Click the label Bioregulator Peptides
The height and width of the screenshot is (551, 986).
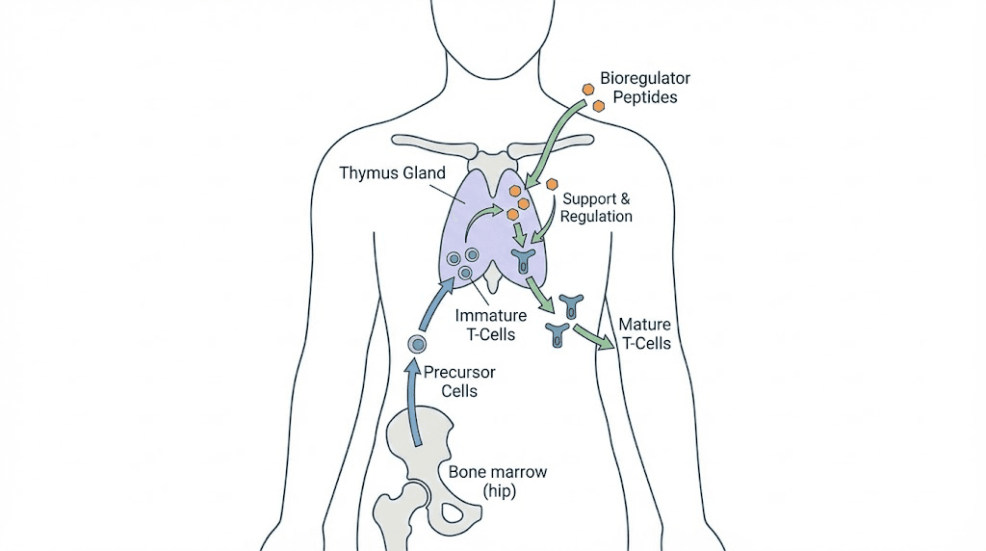[644, 88]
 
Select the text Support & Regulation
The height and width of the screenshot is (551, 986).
[597, 207]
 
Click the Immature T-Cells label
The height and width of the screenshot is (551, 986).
[491, 325]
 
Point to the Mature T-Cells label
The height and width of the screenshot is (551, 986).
[644, 333]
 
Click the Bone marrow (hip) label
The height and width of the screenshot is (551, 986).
[497, 482]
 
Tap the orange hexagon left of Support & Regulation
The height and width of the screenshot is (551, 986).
[552, 183]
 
